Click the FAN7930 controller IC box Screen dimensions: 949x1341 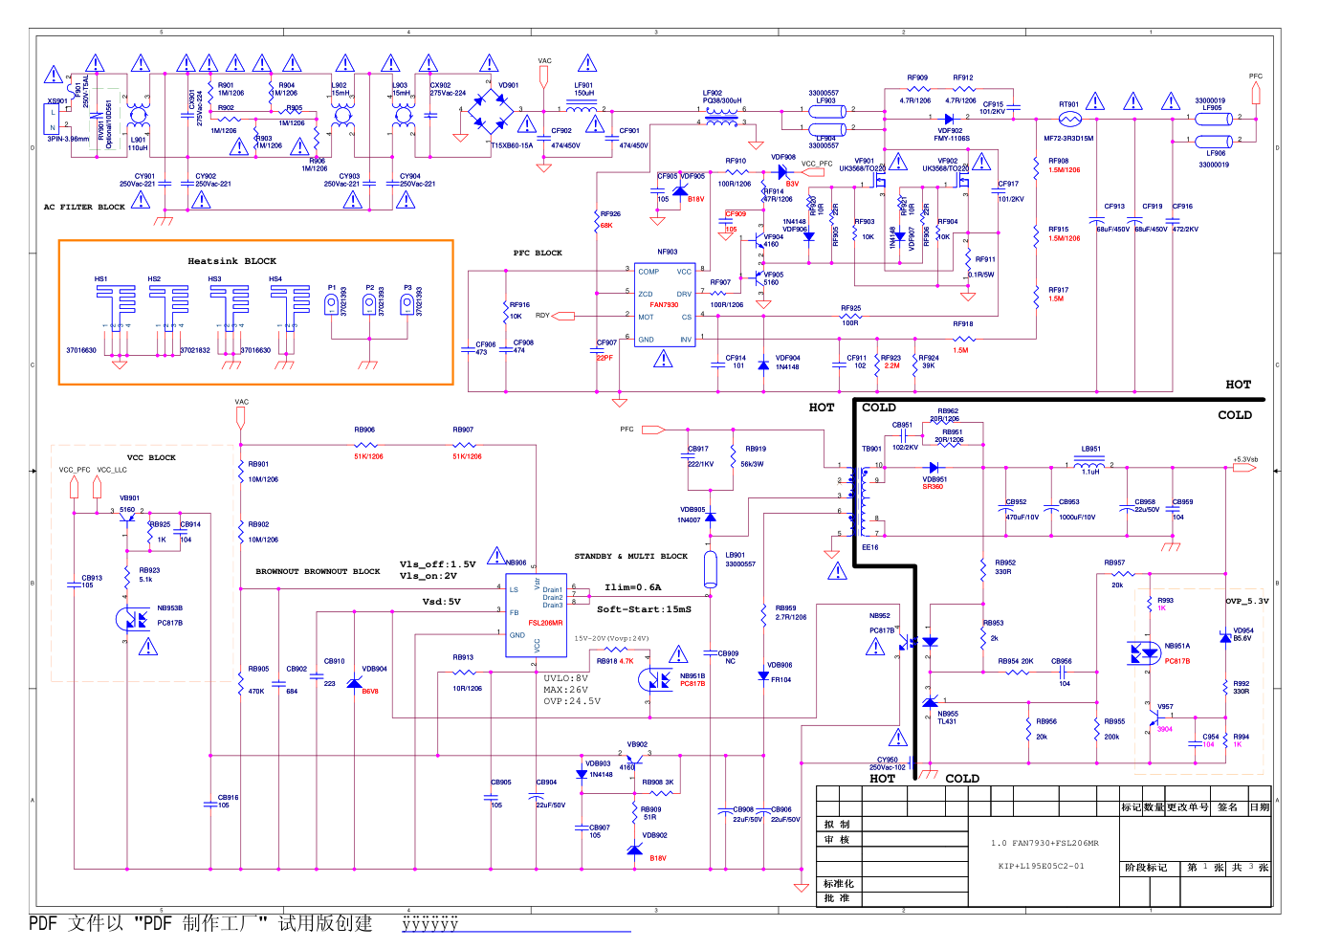pyautogui.click(x=665, y=304)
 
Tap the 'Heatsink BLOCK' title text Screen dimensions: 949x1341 pyautogui.click(x=231, y=261)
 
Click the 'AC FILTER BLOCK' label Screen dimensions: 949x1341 pyautogui.click(x=84, y=207)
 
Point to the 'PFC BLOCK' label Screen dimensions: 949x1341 pyautogui.click(x=538, y=254)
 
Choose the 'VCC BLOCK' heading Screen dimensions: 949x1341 pyautogui.click(x=151, y=457)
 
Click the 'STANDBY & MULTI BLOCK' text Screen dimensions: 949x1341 pyautogui.click(x=630, y=556)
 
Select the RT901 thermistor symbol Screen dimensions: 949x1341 pyautogui.click(x=1070, y=119)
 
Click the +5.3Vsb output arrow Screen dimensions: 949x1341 pyautogui.click(x=1243, y=468)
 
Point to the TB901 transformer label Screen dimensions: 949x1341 pyautogui.click(x=870, y=449)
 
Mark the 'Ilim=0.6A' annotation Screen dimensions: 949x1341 pyautogui.click(x=632, y=587)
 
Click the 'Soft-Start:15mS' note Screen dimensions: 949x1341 pyautogui.click(x=644, y=609)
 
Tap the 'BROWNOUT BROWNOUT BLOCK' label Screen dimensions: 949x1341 pyautogui.click(x=318, y=571)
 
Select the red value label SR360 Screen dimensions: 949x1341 pyautogui.click(x=933, y=487)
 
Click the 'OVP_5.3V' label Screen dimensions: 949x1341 pyautogui.click(x=1247, y=602)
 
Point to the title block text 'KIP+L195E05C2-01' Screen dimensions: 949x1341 pyautogui.click(x=1041, y=866)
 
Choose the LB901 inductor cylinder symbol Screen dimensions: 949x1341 pyautogui.click(x=710, y=568)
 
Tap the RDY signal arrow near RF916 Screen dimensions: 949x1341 pyautogui.click(x=564, y=316)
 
